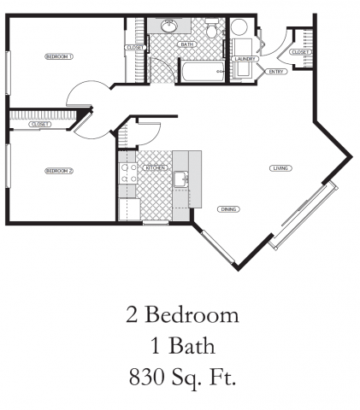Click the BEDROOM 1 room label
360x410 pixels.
click(x=60, y=56)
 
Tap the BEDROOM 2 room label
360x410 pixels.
click(x=60, y=171)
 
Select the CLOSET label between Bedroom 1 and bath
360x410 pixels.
click(x=134, y=48)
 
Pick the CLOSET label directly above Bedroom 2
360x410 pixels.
click(x=39, y=125)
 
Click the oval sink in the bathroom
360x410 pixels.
click(x=168, y=26)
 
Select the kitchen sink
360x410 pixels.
click(x=180, y=179)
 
